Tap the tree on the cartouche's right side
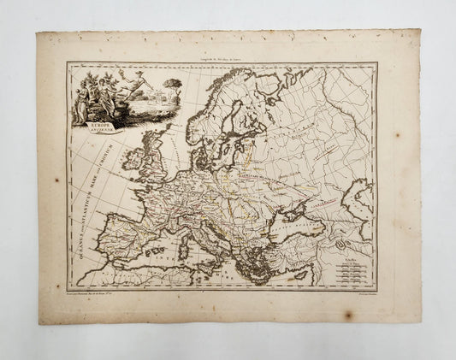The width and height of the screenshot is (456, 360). pyautogui.click(x=152, y=89)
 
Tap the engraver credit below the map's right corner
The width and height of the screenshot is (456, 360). pyautogui.click(x=359, y=293)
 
